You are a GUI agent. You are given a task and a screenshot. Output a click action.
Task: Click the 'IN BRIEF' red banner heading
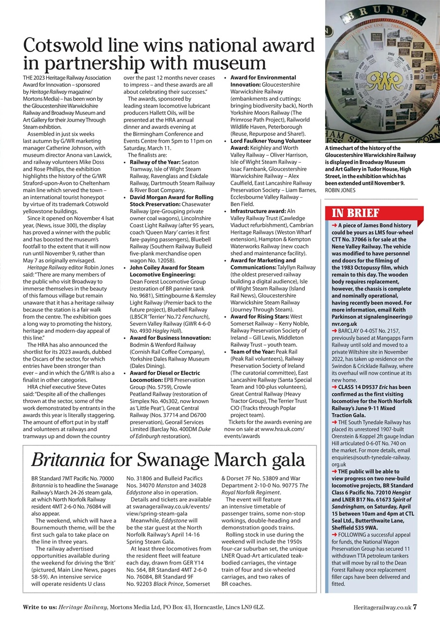(x=355, y=213)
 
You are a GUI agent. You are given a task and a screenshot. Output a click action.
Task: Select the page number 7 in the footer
(x=414, y=607)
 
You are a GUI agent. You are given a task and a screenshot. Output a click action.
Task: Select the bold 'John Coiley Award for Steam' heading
(x=167, y=267)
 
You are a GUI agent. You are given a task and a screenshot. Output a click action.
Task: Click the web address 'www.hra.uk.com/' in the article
(x=282, y=429)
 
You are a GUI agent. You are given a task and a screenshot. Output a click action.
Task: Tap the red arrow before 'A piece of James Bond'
(x=334, y=225)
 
